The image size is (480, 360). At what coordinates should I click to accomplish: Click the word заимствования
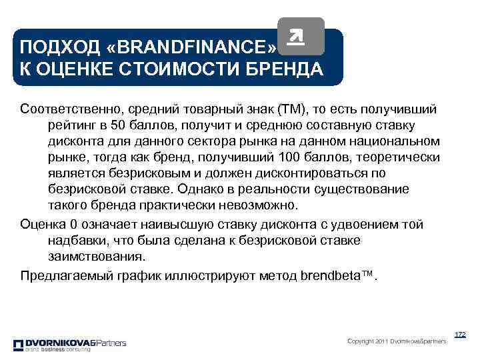click(95, 256)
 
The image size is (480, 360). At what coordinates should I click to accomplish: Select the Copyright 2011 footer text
click(397, 342)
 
